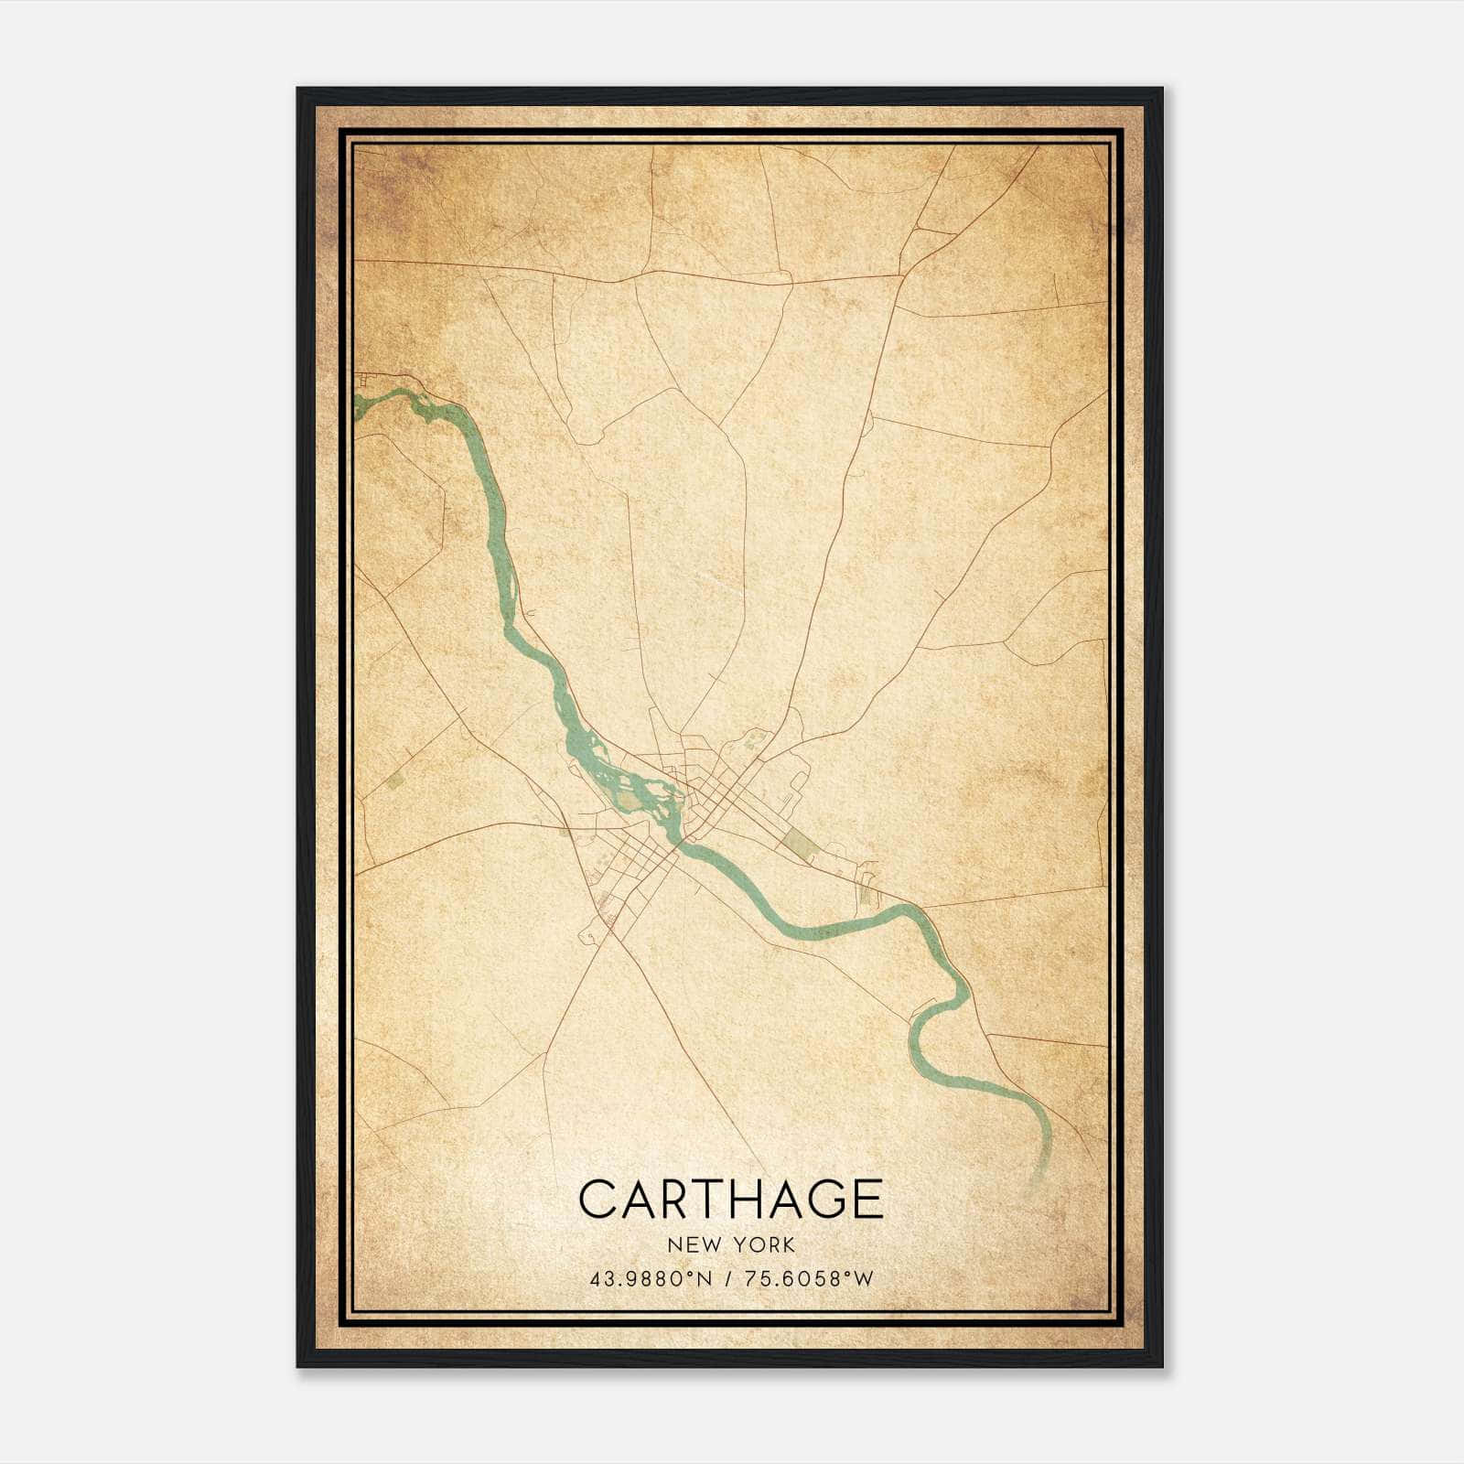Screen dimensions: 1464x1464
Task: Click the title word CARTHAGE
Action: [x=731, y=1199]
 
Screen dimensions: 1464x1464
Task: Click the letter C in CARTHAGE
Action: [x=599, y=1199]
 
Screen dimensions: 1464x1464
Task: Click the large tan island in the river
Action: [x=630, y=802]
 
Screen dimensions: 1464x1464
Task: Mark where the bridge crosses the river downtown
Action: [x=678, y=847]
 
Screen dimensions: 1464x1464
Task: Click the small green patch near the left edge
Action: [x=395, y=780]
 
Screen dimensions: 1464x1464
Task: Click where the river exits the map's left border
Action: [x=357, y=403]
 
